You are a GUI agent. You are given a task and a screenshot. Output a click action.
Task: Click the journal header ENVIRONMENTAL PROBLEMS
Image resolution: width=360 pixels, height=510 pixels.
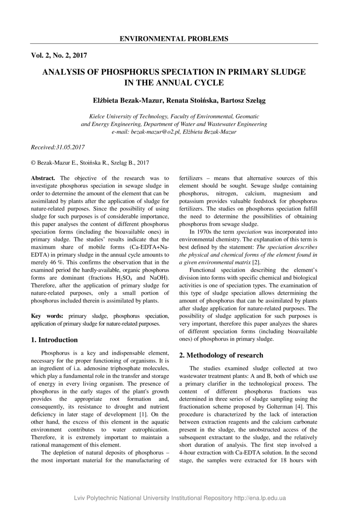tap(174, 39)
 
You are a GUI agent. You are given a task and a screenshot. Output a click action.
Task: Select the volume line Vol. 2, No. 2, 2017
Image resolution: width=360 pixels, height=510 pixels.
tap(59, 55)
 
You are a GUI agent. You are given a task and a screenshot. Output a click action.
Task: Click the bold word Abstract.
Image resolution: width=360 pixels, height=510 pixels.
tap(43, 178)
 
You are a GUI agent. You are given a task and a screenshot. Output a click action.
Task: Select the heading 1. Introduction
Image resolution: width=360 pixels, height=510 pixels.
tap(54, 340)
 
